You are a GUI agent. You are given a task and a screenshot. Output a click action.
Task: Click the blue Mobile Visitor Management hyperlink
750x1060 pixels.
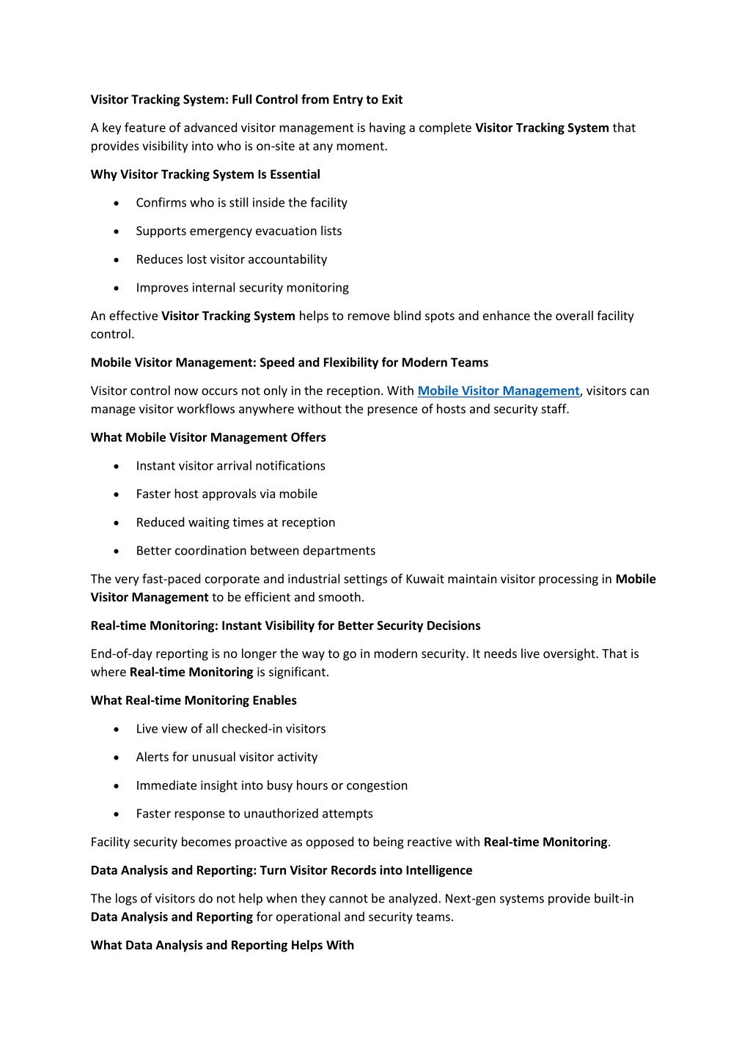[498, 391]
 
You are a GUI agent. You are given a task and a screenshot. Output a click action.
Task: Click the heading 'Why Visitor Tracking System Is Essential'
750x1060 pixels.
[205, 174]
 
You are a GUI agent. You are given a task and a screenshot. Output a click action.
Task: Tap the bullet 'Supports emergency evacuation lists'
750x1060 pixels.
[238, 231]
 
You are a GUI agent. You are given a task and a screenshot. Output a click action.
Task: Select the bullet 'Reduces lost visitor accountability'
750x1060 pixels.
[231, 259]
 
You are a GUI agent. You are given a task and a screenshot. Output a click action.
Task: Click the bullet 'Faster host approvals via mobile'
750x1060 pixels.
[227, 494]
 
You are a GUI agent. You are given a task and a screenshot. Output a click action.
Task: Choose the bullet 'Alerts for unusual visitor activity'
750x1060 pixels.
[227, 757]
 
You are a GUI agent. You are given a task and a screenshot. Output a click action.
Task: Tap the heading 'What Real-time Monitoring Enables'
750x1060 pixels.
[194, 700]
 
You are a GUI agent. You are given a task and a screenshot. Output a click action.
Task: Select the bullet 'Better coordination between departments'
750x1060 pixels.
[255, 550]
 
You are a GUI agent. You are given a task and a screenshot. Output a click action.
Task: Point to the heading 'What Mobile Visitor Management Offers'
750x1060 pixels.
[208, 437]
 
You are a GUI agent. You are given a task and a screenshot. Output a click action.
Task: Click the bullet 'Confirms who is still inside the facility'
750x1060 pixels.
[241, 203]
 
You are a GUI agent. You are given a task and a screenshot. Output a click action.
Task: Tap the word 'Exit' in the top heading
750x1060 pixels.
[391, 100]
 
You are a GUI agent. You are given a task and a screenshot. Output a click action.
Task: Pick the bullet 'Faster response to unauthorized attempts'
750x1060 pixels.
[254, 813]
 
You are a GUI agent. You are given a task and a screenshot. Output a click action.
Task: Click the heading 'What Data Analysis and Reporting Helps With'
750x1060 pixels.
[222, 945]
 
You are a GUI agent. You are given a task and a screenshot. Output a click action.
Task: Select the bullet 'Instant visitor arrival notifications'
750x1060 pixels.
[230, 466]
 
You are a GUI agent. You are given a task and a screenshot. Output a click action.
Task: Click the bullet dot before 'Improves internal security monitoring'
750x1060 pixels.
[117, 289]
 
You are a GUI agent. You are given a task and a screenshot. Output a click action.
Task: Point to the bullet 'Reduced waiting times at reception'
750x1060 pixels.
[235, 522]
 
